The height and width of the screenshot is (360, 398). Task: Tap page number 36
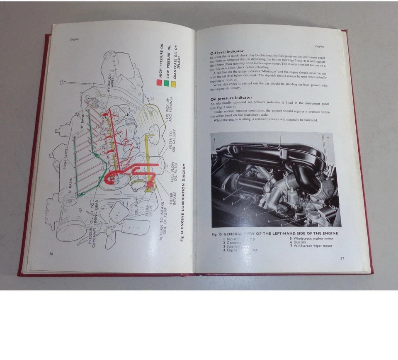[51, 253]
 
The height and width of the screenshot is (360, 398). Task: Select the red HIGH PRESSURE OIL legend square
[159, 82]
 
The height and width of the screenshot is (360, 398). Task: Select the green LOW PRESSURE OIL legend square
[167, 83]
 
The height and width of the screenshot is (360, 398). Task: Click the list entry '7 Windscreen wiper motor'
[311, 246]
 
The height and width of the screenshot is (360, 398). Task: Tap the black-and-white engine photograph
[276, 179]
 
